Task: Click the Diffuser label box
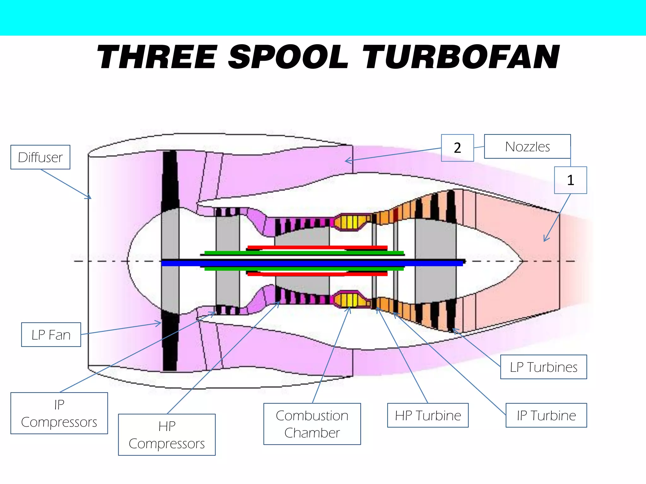pos(40,157)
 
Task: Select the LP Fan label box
pos(51,335)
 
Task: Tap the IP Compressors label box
pos(59,413)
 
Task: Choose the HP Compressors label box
pos(167,435)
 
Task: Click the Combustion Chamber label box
pos(312,424)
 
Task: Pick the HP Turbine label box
pos(428,415)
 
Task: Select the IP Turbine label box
pos(546,415)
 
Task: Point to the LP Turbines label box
pos(543,367)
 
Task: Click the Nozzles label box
pos(527,147)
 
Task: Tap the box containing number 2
pos(457,148)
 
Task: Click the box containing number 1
pos(570,180)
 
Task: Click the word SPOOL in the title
pos(288,57)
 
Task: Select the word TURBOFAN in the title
pos(461,57)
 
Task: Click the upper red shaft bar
pos(317,247)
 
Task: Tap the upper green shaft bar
pos(304,253)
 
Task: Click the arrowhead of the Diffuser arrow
pos(90,198)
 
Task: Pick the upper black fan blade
pos(170,180)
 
